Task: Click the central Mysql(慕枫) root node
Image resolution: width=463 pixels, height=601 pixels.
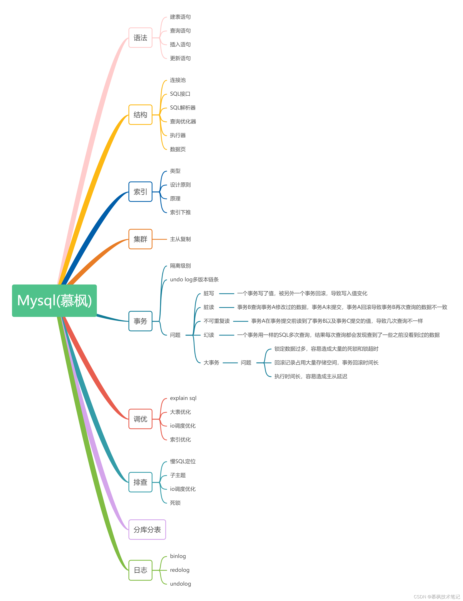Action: (54, 300)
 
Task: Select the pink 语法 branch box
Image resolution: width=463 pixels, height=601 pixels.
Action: (140, 38)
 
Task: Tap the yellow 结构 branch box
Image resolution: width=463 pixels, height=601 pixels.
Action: (140, 115)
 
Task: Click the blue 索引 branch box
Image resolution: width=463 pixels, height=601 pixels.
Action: (140, 192)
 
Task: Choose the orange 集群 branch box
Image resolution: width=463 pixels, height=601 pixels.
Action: (140, 239)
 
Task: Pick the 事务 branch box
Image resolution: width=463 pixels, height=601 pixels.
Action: (140, 321)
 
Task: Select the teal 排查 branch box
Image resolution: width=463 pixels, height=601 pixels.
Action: (140, 482)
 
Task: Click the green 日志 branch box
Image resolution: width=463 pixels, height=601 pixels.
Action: (140, 570)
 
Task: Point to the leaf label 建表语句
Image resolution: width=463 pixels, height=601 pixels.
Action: (180, 17)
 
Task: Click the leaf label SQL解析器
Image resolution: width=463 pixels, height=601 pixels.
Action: (183, 108)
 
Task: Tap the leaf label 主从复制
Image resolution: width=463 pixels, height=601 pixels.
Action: (180, 239)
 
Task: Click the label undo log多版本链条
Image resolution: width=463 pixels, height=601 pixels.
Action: (194, 279)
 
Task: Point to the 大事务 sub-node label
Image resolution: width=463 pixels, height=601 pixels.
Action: (211, 363)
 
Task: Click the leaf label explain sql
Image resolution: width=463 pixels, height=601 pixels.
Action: (183, 398)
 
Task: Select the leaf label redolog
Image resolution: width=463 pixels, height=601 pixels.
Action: (180, 570)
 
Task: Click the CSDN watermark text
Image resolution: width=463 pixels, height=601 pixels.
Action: (437, 597)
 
